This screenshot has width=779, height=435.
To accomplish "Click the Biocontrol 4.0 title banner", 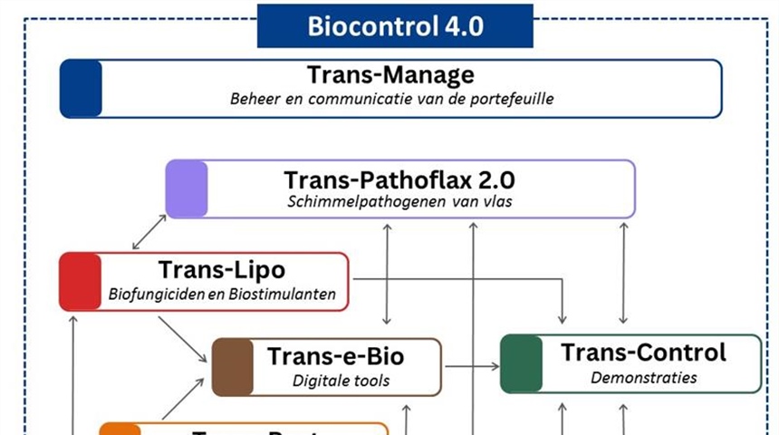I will pos(395,25).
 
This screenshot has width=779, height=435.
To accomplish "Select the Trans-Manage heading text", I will pos(390,75).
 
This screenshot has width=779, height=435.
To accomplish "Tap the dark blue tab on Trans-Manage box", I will pos(82,89).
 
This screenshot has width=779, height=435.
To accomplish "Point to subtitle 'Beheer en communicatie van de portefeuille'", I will pos(390,99).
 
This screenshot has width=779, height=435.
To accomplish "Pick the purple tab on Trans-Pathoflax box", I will pos(187,188).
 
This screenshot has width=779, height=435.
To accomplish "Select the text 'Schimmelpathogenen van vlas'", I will pos(399,201).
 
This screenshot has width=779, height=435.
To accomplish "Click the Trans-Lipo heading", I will pos(221,270).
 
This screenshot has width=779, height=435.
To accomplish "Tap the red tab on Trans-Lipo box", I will pos(81,282).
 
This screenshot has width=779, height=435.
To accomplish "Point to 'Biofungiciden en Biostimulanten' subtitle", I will pos(222,294).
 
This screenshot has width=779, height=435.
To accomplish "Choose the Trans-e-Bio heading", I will pos(335,356).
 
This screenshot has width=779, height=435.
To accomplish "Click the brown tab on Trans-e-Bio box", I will pos(233,367).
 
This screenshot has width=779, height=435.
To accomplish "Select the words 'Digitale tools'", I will pos(341,381).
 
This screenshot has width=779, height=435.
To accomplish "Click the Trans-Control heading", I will pos(643,352).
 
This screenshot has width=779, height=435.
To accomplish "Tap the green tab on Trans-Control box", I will pos(522,363).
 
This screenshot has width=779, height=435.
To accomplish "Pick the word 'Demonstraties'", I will pos(631,377).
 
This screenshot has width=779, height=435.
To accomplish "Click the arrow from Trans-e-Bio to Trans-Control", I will pos(471,366).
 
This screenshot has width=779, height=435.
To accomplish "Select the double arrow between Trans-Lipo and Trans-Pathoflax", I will pos(149,232).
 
